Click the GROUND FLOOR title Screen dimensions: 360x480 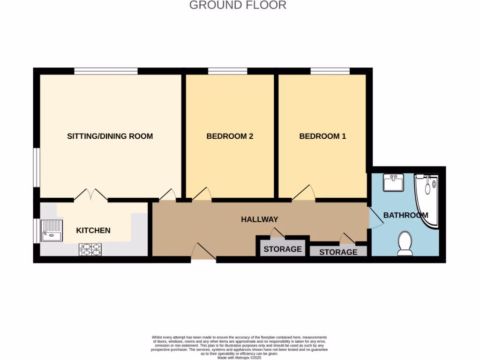(238, 5)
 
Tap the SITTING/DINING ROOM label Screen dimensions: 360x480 (110, 136)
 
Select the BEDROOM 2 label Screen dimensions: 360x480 (230, 136)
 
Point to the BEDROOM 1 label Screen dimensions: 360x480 (322, 136)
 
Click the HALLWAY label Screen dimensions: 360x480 (260, 219)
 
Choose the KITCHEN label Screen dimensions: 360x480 (93, 230)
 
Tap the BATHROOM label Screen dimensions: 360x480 (405, 215)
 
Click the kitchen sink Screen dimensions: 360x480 (52, 230)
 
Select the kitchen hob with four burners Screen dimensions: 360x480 (90, 249)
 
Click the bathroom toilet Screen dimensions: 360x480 (405, 244)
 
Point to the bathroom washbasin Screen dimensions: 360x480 (393, 182)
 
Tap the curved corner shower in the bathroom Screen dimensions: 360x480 (427, 197)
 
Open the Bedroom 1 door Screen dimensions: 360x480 (304, 194)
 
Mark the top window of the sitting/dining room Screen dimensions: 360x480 (105, 71)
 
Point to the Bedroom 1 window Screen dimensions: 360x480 (330, 71)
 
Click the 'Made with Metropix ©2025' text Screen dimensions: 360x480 (240, 358)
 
